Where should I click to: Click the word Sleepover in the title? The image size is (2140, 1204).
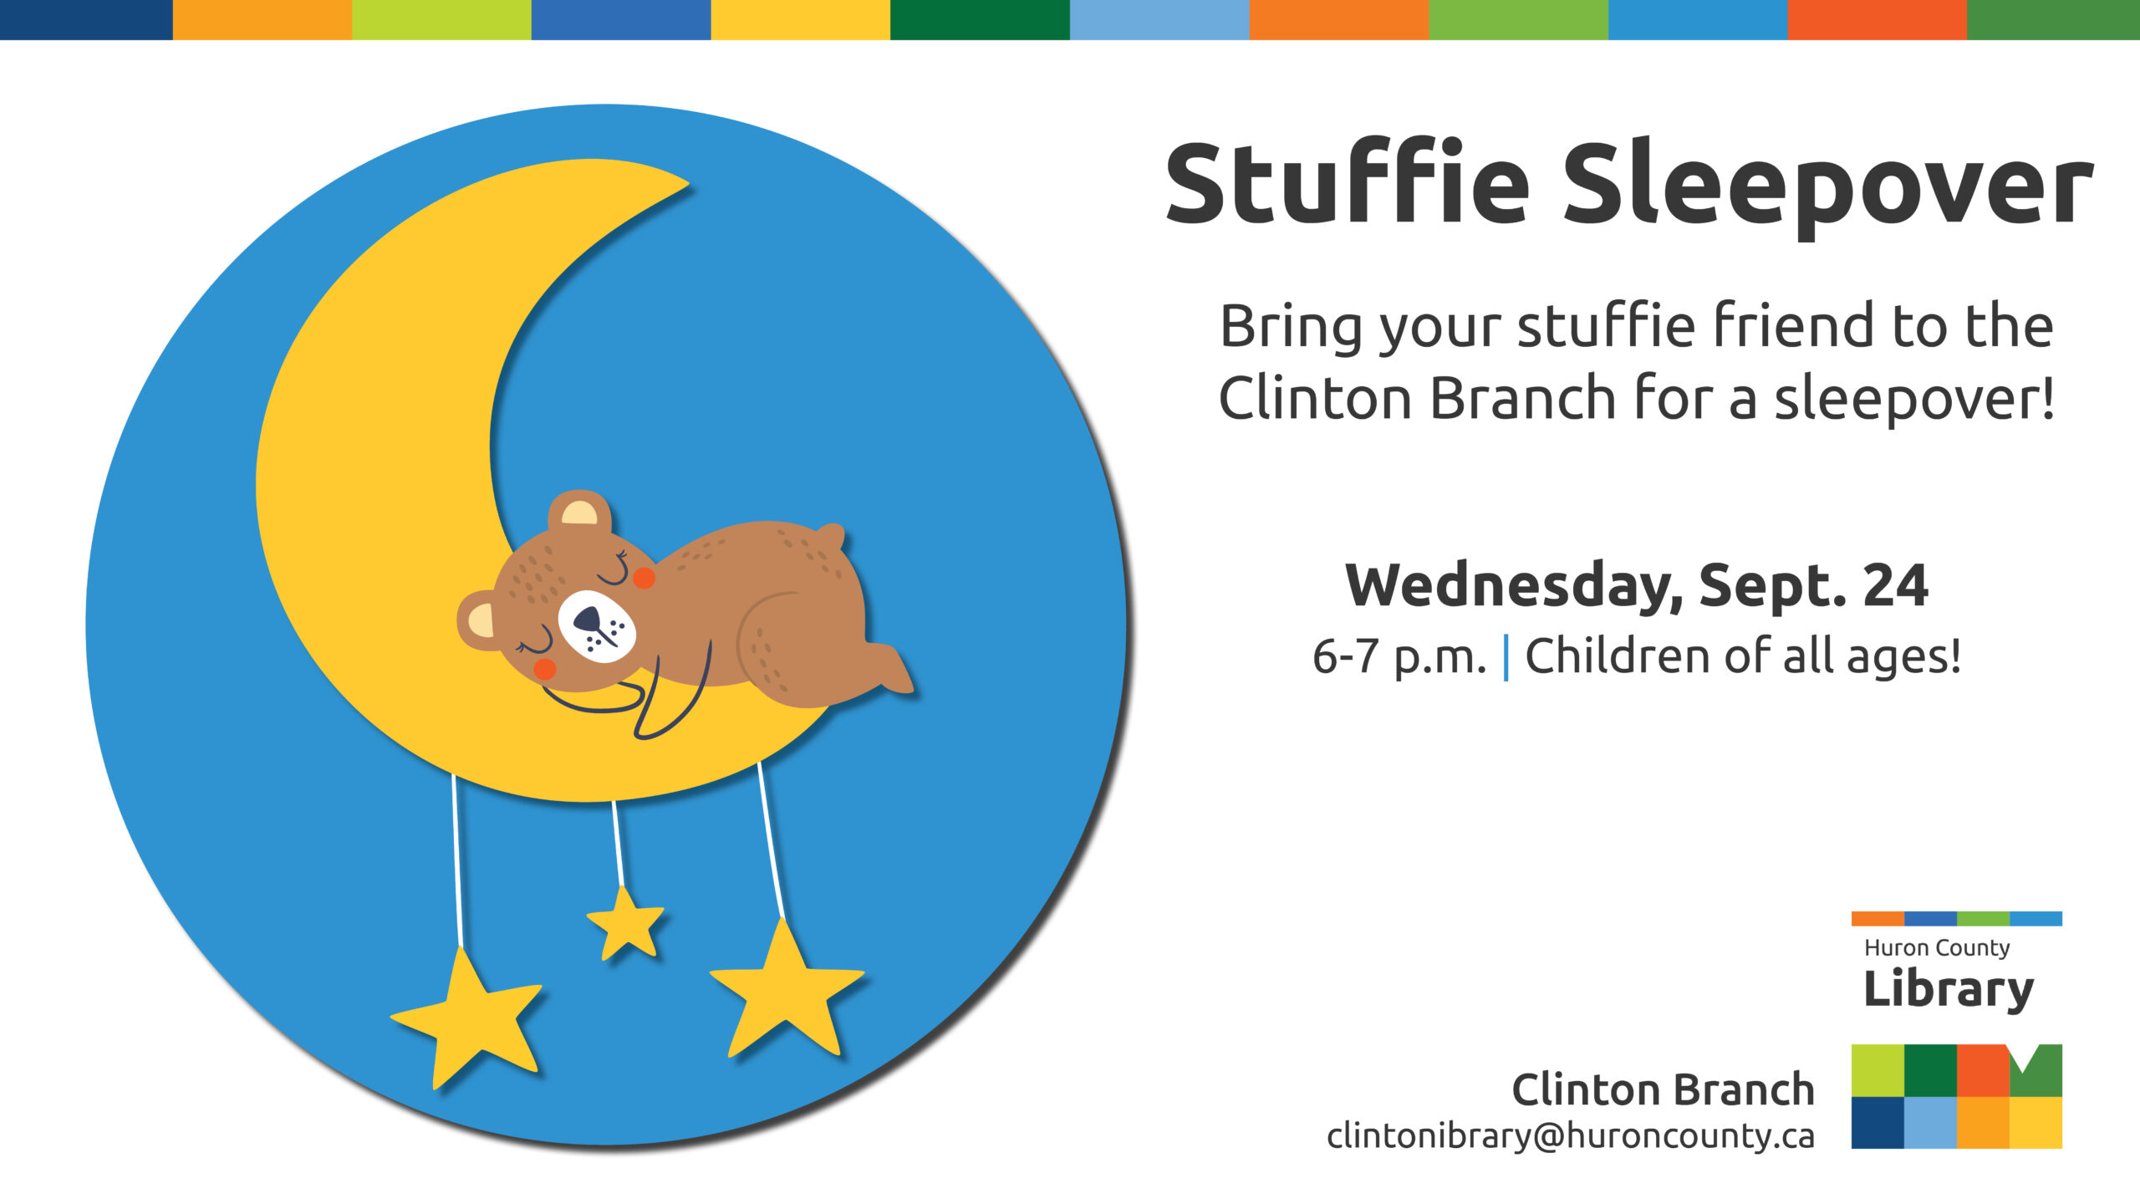1827,186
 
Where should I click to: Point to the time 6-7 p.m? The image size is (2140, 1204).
1399,656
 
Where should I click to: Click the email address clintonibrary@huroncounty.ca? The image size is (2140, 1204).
1570,1135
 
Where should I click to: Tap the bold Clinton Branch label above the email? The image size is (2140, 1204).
1663,1089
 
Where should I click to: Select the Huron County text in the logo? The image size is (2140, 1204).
1937,947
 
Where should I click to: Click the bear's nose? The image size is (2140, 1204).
588,620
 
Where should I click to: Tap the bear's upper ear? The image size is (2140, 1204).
579,511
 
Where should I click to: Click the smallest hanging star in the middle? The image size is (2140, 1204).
625,924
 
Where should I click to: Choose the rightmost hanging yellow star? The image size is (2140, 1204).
785,991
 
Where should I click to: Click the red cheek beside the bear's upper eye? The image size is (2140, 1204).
644,577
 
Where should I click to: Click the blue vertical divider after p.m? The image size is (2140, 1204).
1506,657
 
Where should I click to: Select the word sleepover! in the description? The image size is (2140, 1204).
1913,400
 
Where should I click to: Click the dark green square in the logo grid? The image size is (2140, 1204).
1930,1070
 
